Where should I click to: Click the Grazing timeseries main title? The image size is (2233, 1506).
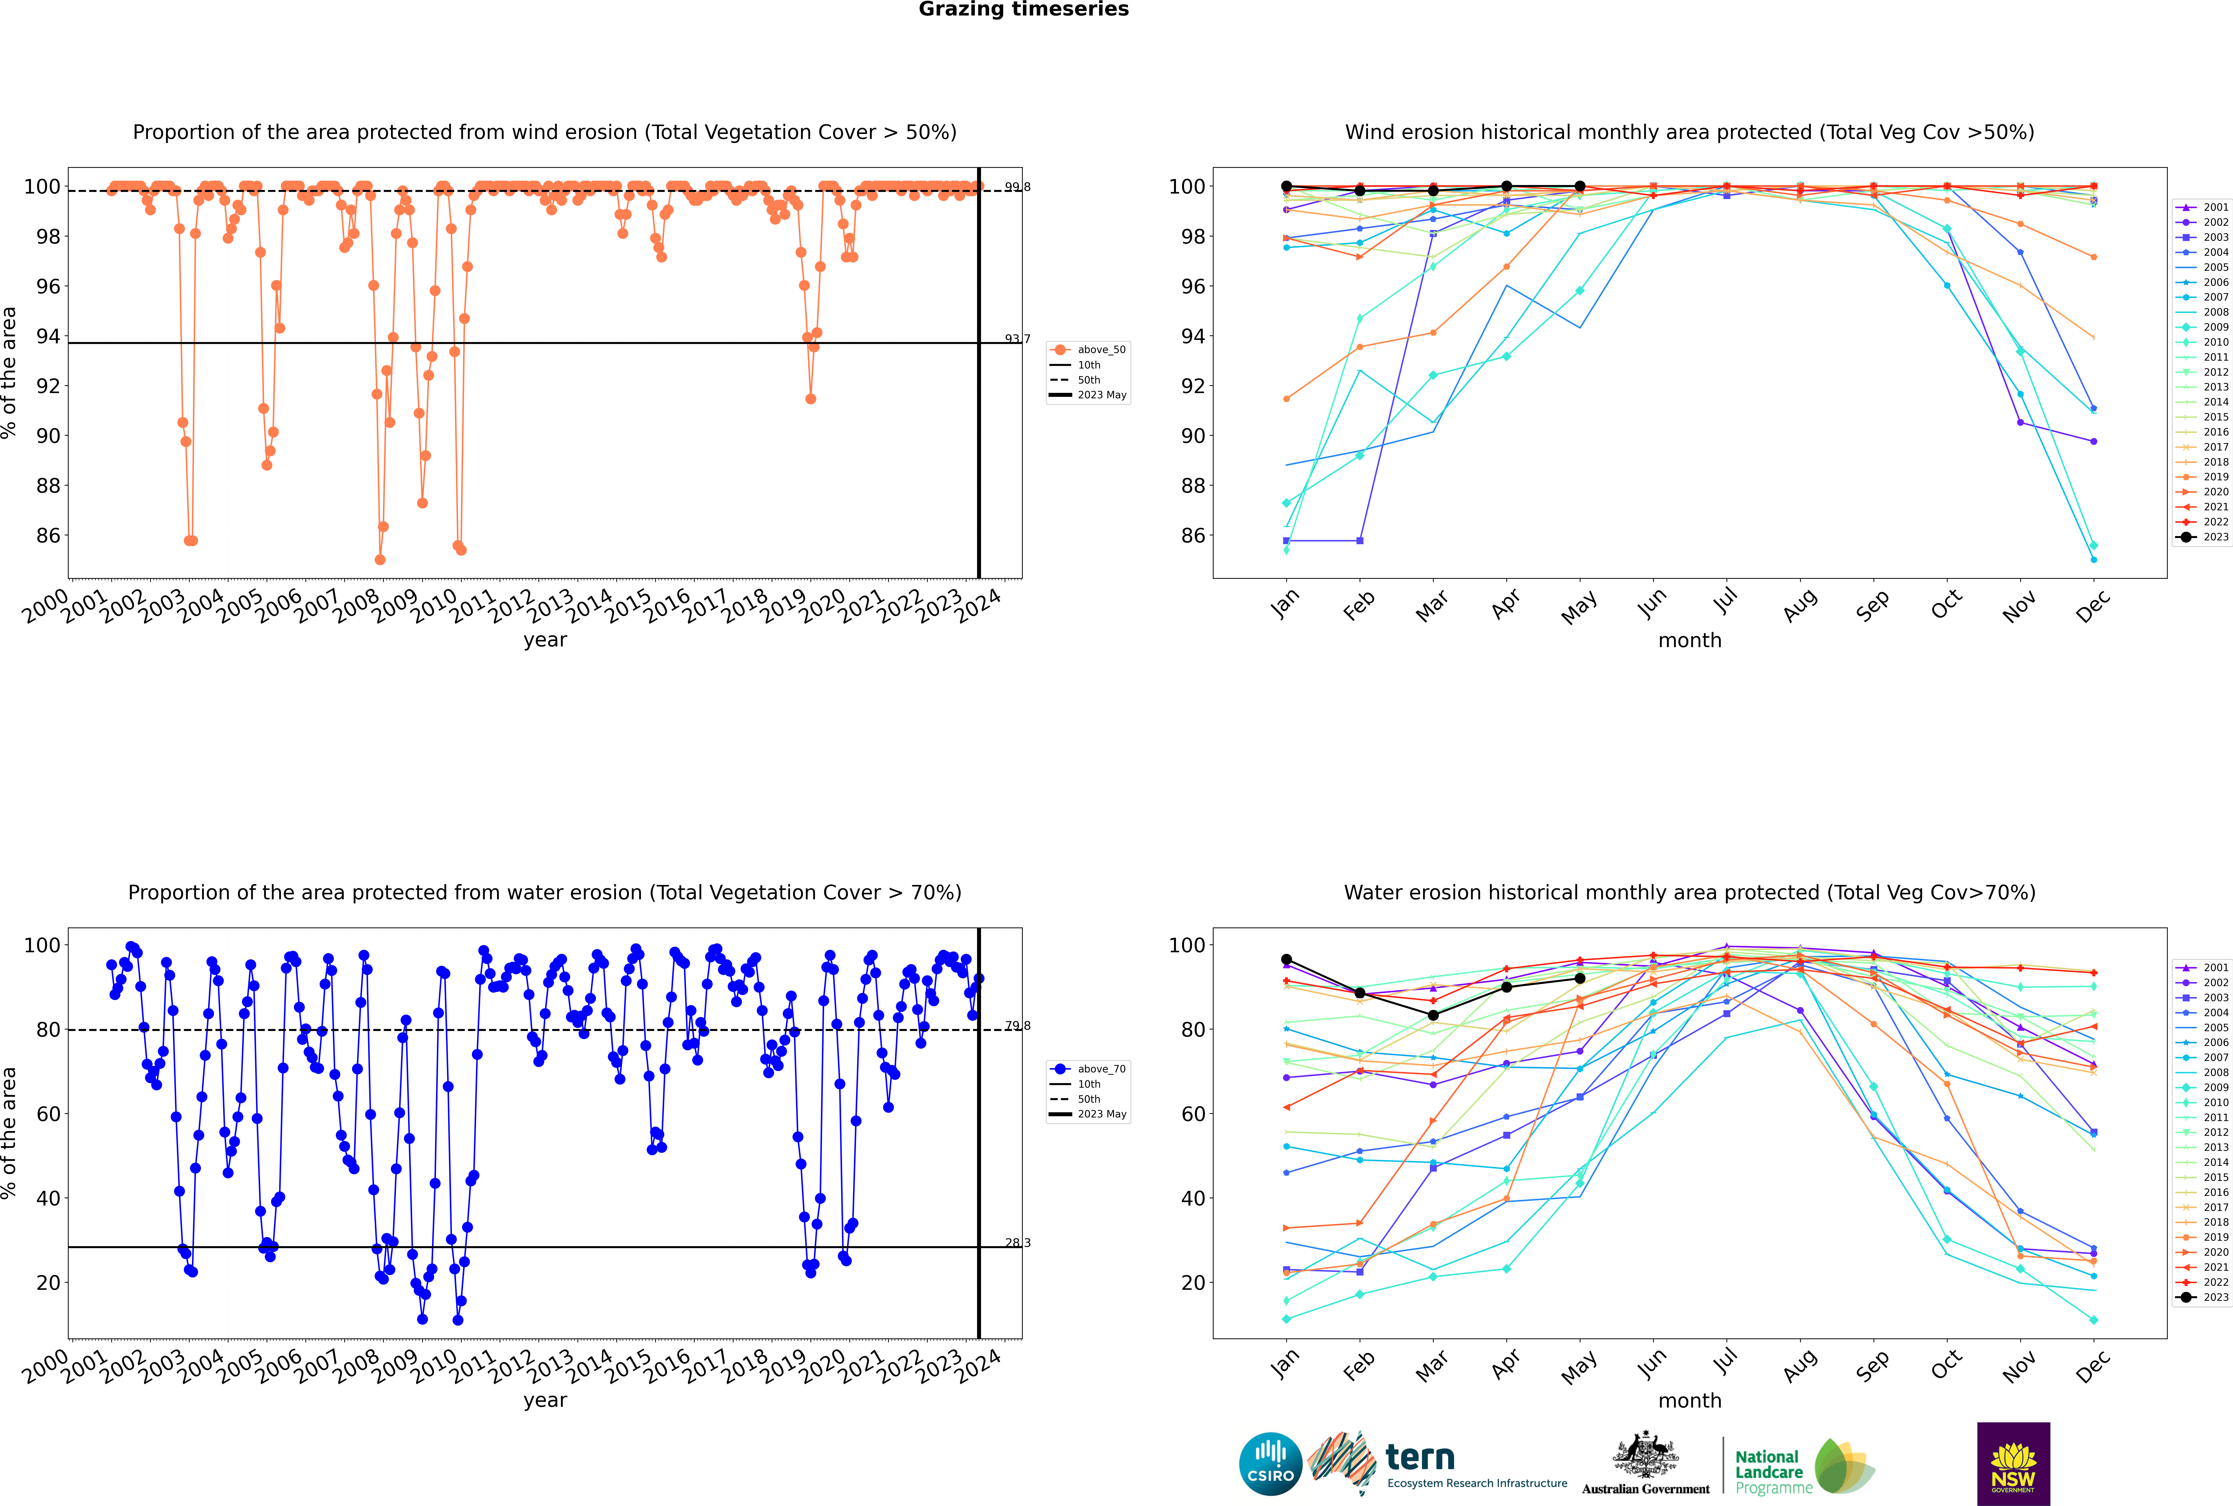(1023, 10)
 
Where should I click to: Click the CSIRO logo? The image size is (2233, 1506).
(1270, 1464)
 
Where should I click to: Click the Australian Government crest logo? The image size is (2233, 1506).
(1646, 1464)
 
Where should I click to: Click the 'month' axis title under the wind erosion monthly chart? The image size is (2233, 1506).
(1690, 641)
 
